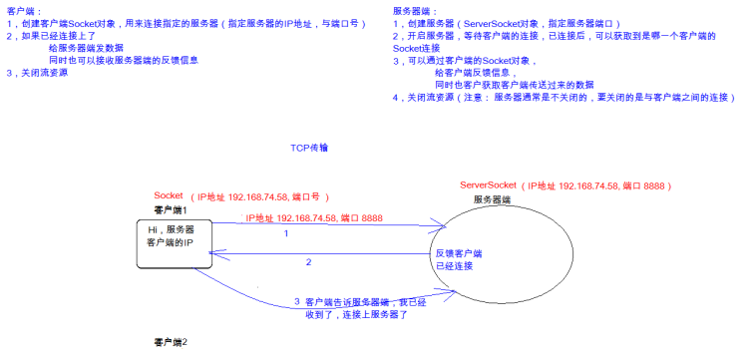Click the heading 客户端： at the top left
click(22, 9)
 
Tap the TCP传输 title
click(309, 148)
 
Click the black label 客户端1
click(171, 210)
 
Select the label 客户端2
click(171, 342)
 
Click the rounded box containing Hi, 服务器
click(174, 244)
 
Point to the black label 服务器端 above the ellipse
click(492, 200)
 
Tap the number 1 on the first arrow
click(286, 233)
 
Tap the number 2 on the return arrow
click(308, 262)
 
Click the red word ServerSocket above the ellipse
click(490, 186)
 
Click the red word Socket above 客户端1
click(170, 196)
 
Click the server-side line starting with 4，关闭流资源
click(563, 98)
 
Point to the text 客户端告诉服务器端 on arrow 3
click(351, 300)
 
